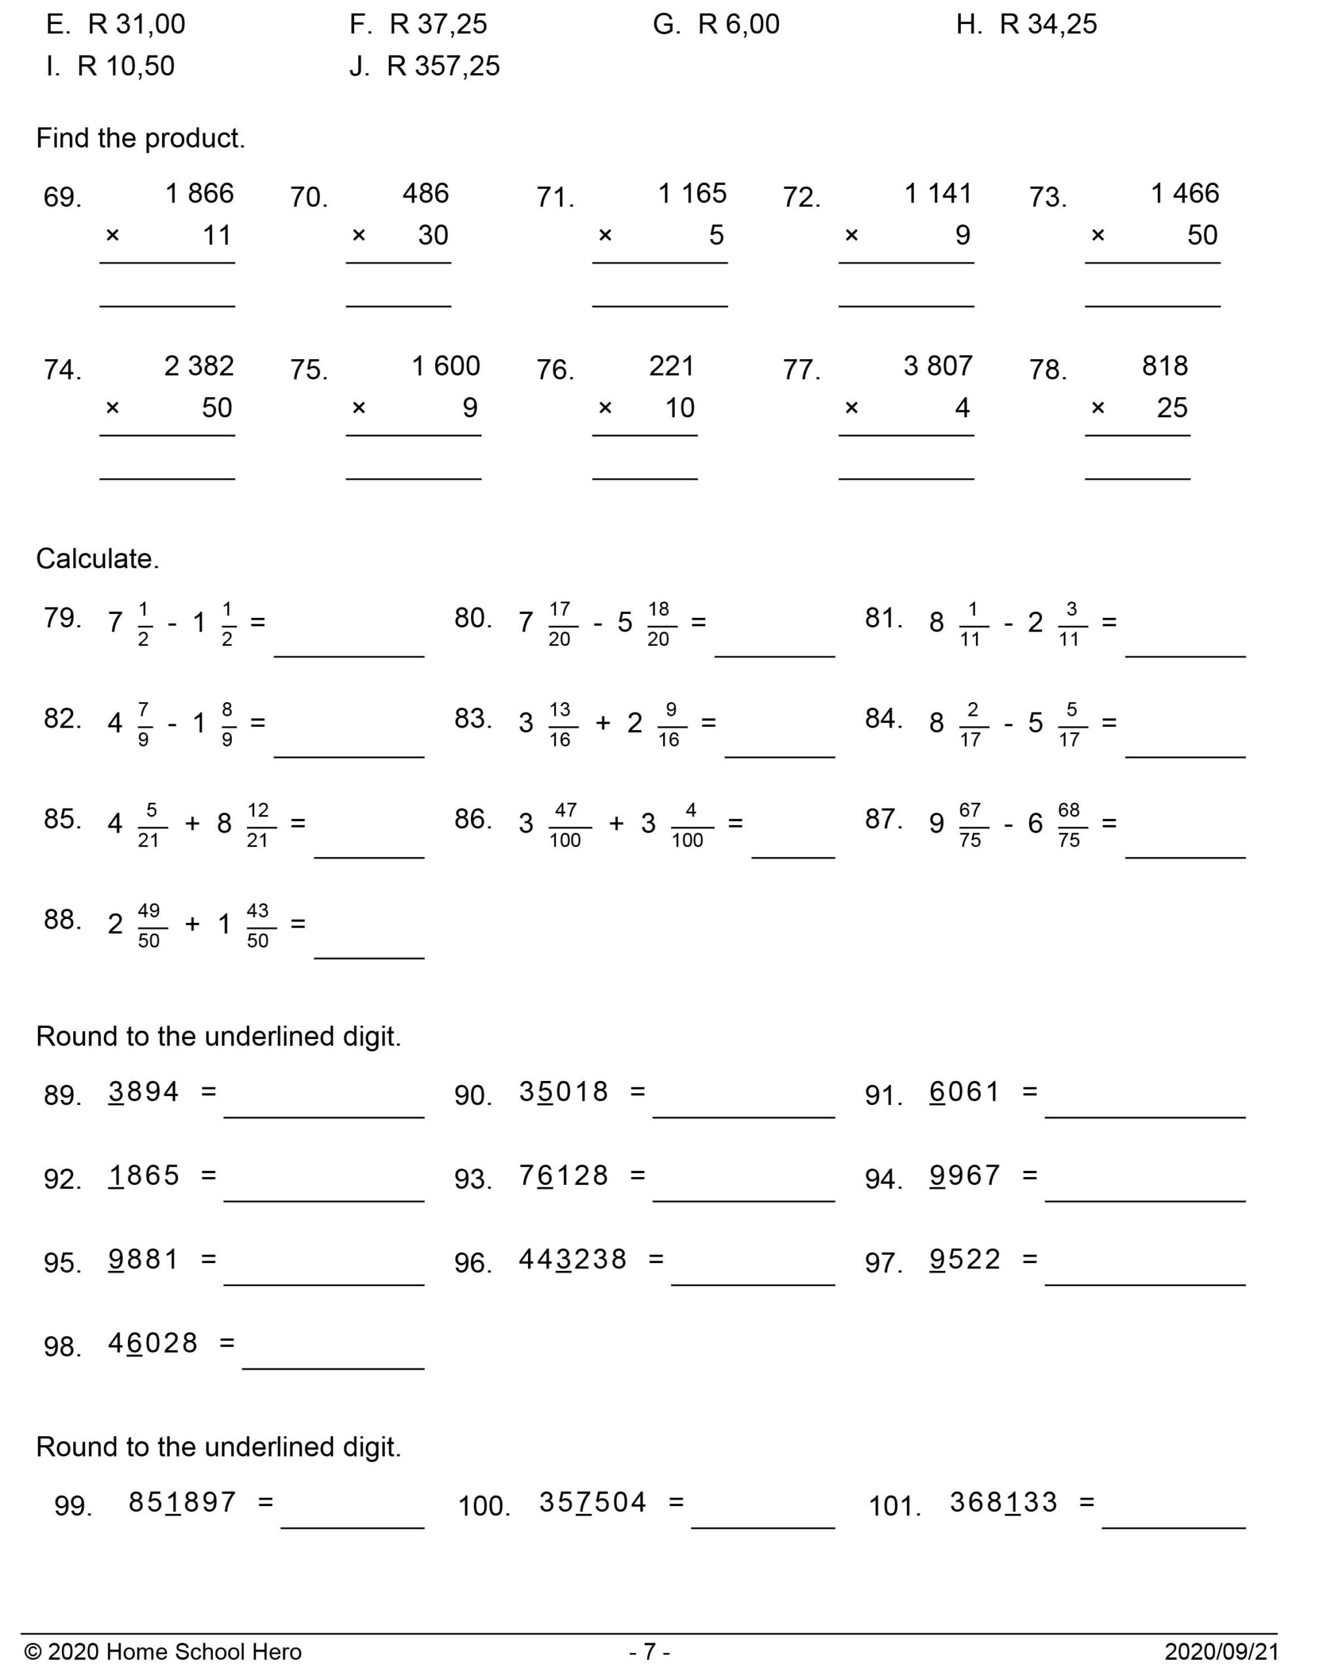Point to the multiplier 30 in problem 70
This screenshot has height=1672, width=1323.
point(433,235)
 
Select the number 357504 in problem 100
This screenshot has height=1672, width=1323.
point(593,1503)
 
